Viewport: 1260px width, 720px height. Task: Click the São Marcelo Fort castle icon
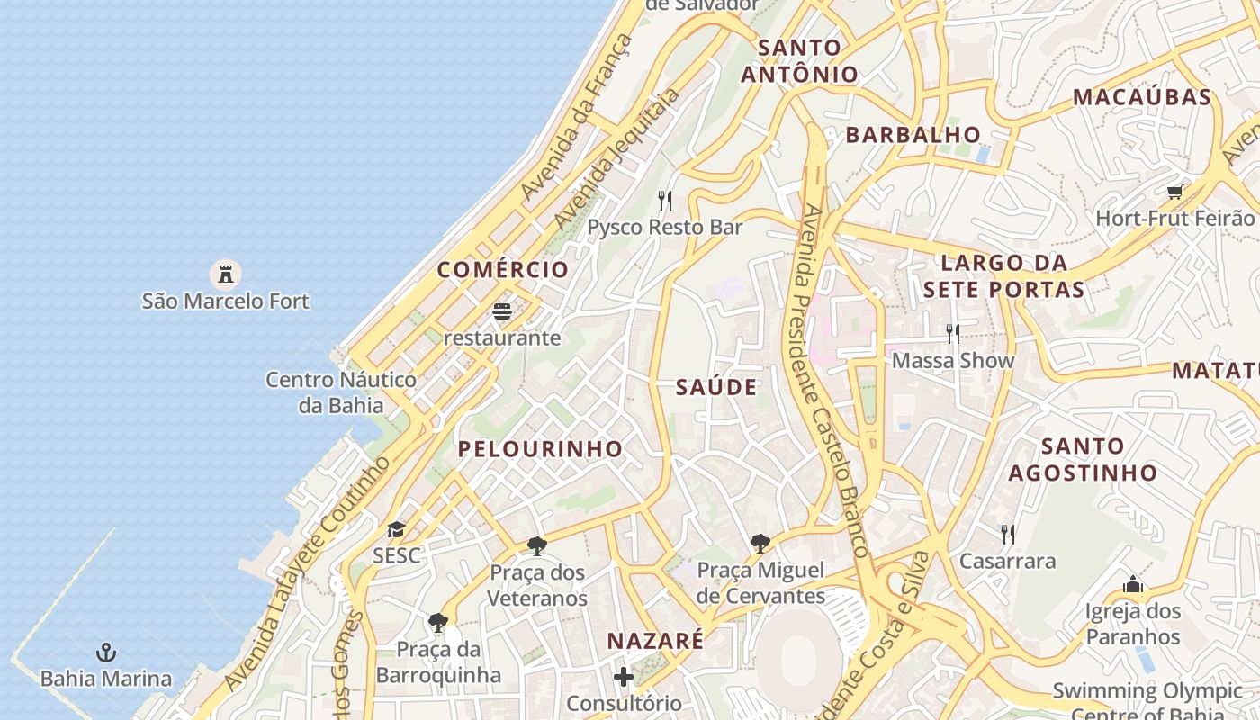pos(225,273)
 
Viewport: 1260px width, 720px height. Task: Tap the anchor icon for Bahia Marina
pos(106,652)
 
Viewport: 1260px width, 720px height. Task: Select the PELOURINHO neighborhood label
pos(540,448)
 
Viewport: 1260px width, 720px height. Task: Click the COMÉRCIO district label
pos(503,269)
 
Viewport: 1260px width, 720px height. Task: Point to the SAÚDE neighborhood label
pos(716,387)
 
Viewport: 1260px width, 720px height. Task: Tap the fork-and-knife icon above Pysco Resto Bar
pos(665,200)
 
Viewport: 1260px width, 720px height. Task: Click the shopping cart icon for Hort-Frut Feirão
pos(1174,192)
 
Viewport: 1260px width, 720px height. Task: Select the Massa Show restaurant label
pos(952,360)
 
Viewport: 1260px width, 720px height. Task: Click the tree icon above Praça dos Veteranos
pos(537,545)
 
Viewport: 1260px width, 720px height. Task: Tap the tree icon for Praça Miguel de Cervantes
pos(760,543)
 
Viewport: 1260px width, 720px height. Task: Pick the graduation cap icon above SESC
pos(396,529)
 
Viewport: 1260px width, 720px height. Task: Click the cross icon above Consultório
pos(624,676)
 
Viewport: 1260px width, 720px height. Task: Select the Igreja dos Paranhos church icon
pos(1132,586)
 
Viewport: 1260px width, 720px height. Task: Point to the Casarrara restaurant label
pos(1007,561)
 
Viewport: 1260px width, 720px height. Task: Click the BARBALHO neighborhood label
pos(913,135)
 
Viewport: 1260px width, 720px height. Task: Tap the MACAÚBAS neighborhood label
pos(1142,97)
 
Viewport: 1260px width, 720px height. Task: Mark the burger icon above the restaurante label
pos(502,311)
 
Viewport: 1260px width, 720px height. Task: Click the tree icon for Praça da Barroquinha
pos(438,622)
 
